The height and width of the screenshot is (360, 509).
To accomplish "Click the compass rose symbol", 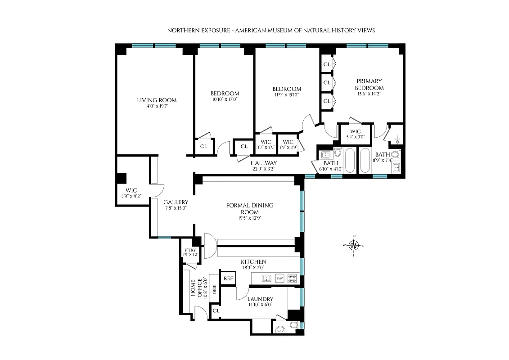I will [x=354, y=245].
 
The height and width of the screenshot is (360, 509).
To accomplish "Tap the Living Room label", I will [x=157, y=100].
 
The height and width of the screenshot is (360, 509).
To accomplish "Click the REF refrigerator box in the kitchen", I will [x=228, y=278].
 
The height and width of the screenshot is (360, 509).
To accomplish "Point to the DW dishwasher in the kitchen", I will [x=280, y=278].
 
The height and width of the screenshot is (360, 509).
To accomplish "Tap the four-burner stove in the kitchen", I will [x=292, y=278].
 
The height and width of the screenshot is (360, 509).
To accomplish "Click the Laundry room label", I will [x=260, y=299].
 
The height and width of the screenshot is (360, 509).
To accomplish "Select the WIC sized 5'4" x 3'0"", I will [x=356, y=134].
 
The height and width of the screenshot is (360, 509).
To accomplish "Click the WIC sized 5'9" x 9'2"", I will [x=131, y=193].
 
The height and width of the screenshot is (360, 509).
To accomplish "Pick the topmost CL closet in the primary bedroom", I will [x=327, y=64].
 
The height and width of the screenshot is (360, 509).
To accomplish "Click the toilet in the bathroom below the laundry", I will [x=293, y=324].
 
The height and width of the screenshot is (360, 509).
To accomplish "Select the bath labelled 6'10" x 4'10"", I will [x=331, y=166].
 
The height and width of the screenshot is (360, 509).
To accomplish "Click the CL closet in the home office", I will [x=216, y=310].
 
